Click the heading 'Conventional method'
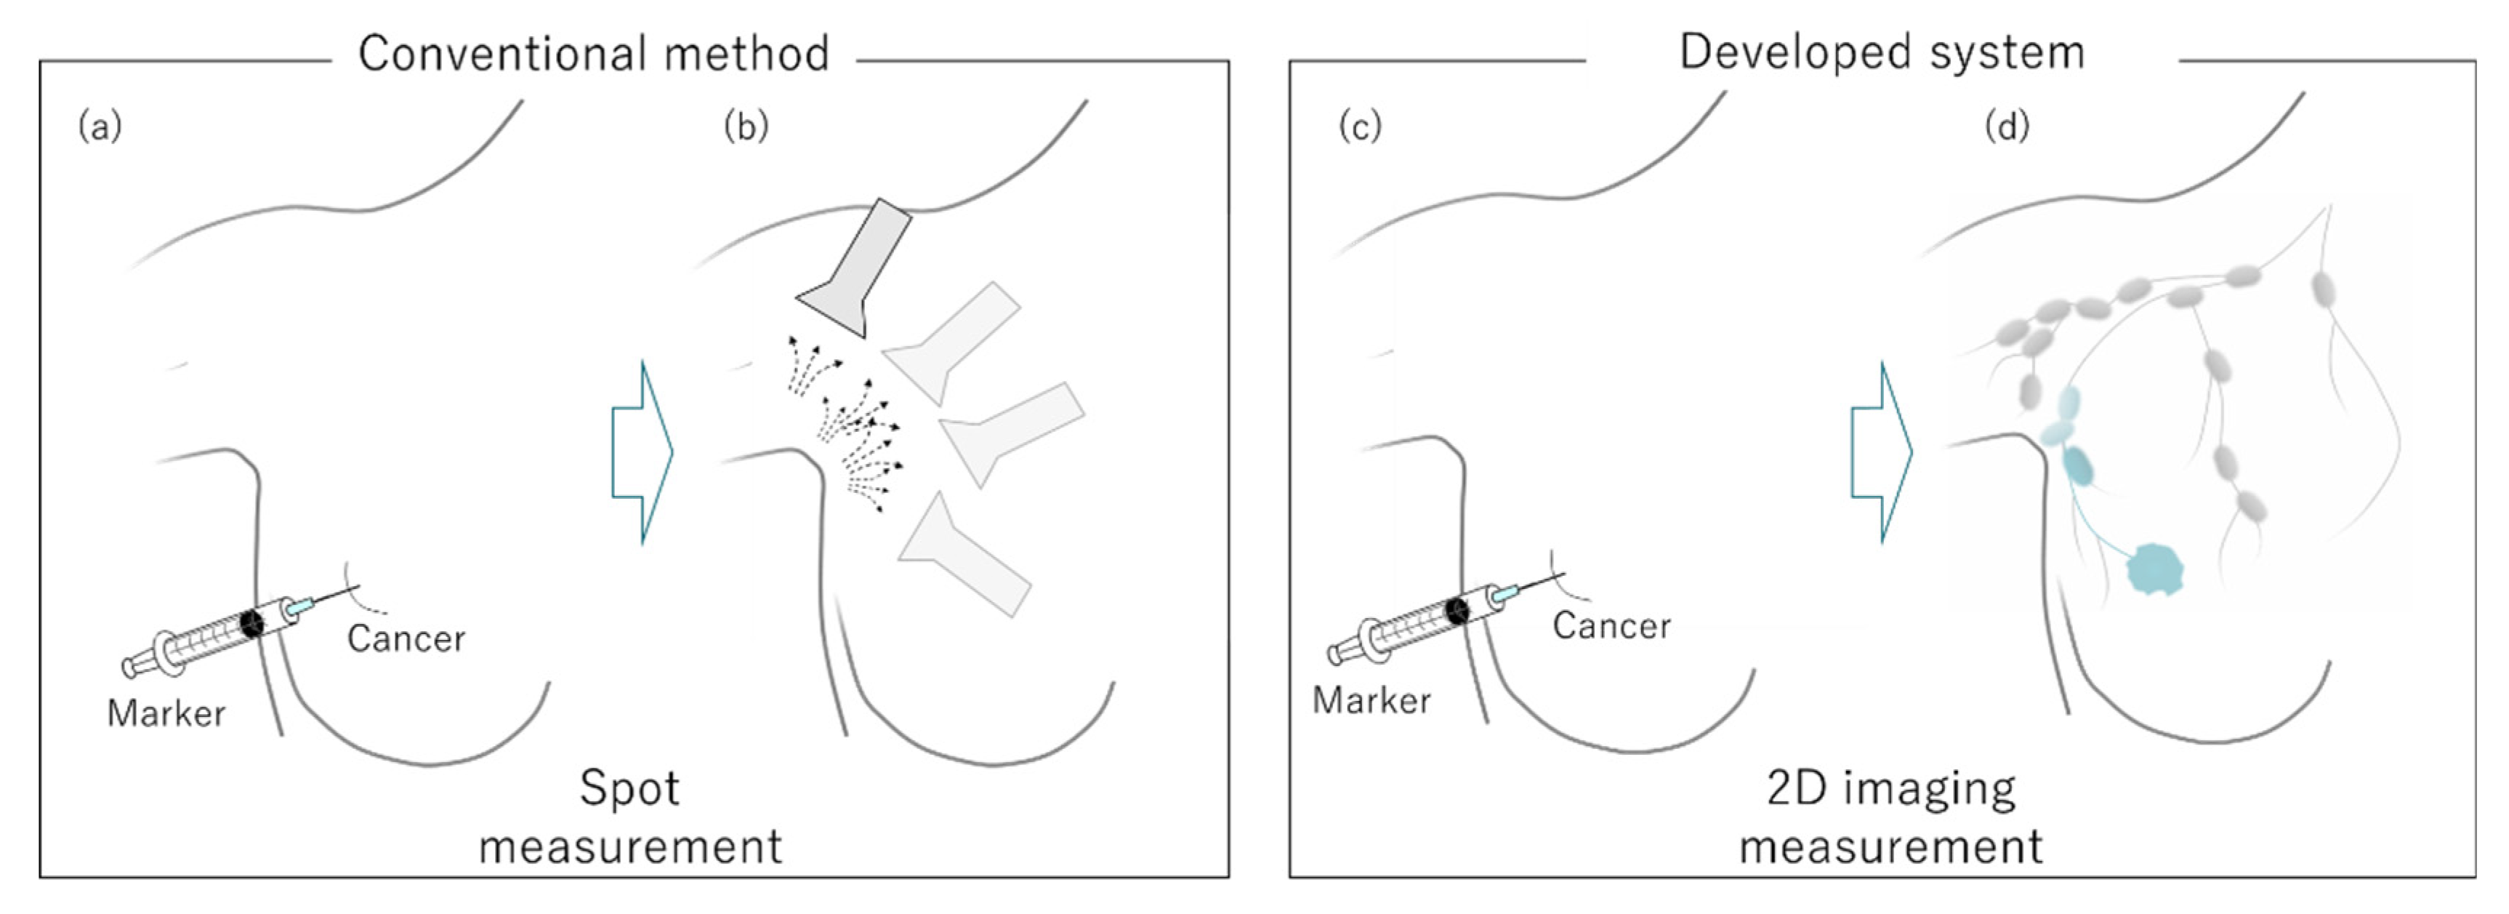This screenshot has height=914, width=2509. [x=593, y=54]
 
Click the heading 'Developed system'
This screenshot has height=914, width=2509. [x=1881, y=52]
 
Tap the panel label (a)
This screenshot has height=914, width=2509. [x=100, y=127]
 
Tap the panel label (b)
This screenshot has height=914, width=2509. [x=746, y=127]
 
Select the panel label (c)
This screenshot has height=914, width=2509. [x=1360, y=127]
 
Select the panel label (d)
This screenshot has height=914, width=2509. [x=2007, y=127]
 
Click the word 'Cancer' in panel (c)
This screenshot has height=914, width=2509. [x=1611, y=625]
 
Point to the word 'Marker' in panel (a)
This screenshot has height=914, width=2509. [x=166, y=713]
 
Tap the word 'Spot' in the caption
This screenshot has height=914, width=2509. [x=629, y=787]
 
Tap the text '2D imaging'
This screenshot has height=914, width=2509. [x=1890, y=787]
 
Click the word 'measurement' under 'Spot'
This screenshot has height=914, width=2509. [x=630, y=846]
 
